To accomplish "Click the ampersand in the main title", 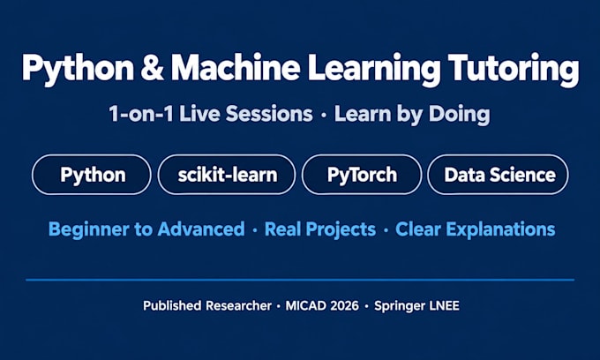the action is point(153,67).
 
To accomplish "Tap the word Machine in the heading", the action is point(236,67).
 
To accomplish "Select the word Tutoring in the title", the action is point(514,70).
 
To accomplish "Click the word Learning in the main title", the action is point(374,70).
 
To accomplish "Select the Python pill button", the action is point(92,175).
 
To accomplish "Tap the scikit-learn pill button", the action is point(227,175).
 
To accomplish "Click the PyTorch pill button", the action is point(362,175).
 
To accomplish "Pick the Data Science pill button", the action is point(498,175).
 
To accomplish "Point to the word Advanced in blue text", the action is point(201,229).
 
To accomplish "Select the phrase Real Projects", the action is point(320,229).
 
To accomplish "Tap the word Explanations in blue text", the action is point(500,229).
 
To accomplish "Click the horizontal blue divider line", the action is point(300,280).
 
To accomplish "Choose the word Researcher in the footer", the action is point(239,305).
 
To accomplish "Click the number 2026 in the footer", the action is point(344,305).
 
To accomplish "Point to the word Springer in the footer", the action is point(400,306).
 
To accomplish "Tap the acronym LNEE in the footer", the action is point(445,305).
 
